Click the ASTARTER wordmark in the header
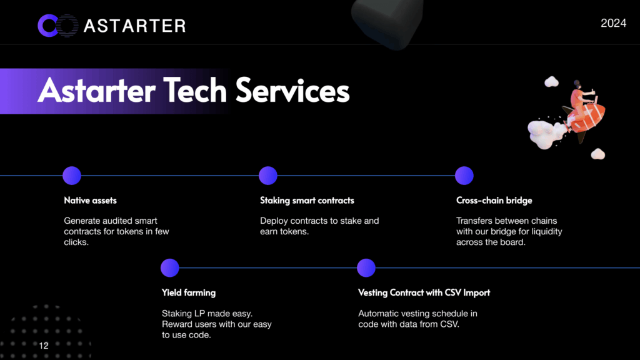click(135, 26)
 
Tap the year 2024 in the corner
click(613, 23)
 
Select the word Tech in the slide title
click(195, 91)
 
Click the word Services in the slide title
click(292, 91)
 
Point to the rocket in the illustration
click(585, 116)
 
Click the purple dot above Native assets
click(72, 176)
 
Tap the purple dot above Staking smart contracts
click(268, 176)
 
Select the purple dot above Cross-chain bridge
click(464, 176)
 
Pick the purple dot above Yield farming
click(170, 267)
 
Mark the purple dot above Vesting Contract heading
click(366, 267)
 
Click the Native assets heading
click(90, 201)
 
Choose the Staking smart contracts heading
click(307, 201)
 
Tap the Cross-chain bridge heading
click(494, 201)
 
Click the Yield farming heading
click(189, 292)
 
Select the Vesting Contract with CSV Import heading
click(424, 292)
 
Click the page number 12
click(44, 346)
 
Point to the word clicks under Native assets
click(76, 242)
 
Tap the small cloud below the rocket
click(598, 154)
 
